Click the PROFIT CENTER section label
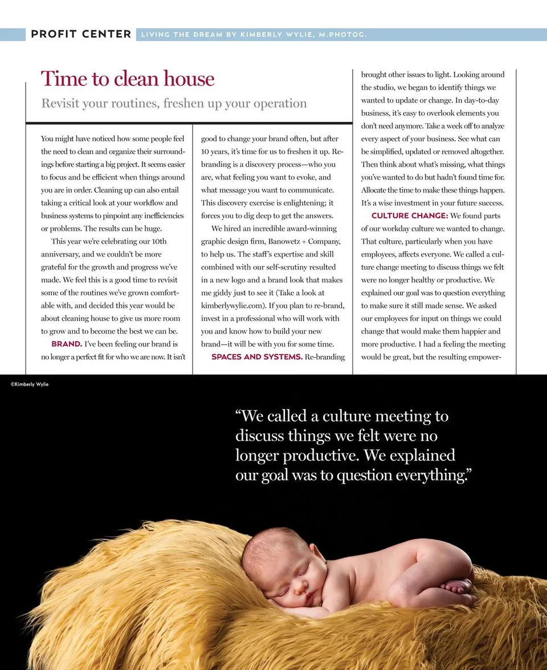point(81,34)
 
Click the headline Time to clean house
point(128,79)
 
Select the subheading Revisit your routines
point(174,104)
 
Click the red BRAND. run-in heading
point(67,344)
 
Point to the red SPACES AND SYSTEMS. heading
point(256,357)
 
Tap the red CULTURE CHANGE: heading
point(409,216)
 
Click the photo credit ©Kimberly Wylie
point(30,385)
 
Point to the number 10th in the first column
point(156,242)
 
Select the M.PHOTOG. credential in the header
point(342,35)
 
